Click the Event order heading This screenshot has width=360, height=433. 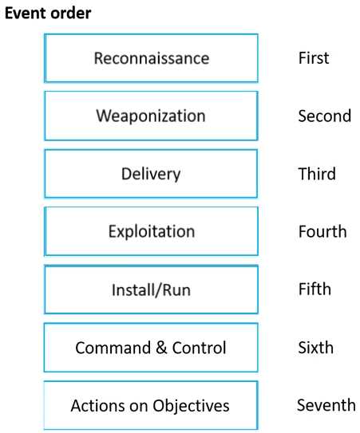tap(48, 14)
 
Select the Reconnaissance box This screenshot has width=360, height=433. tap(151, 58)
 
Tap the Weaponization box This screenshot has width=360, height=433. tap(151, 116)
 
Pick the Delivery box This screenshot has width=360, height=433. tap(151, 173)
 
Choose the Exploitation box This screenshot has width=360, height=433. tap(151, 231)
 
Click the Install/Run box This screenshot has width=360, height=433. tap(151, 289)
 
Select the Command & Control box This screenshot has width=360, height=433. tap(151, 348)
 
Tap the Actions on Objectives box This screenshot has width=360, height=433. tap(151, 405)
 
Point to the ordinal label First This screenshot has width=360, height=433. tap(314, 58)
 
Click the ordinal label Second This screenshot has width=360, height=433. tap(325, 116)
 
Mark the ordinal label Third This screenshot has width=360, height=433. tap(317, 174)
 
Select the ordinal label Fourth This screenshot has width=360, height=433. tap(322, 231)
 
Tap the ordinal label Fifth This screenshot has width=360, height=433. tap(315, 289)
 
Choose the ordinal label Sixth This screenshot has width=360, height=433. tap(315, 348)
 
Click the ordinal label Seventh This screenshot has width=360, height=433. tap(326, 405)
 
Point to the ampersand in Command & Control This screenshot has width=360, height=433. tap(161, 348)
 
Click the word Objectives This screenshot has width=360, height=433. tap(191, 406)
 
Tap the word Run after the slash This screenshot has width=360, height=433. tap(176, 290)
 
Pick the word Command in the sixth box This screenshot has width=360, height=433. tap(113, 348)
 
